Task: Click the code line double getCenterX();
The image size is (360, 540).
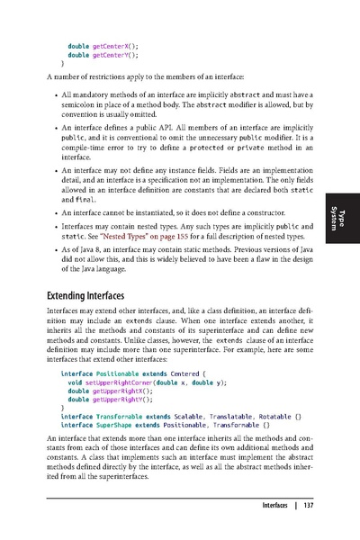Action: click(x=106, y=45)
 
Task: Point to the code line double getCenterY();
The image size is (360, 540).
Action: click(x=106, y=55)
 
